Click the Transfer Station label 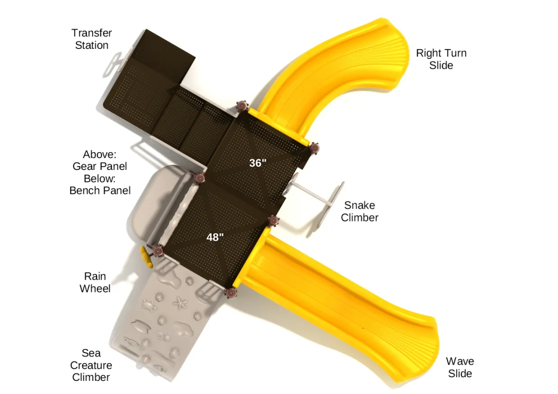coord(92,39)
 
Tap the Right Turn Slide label coord(441,59)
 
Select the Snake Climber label coord(360,211)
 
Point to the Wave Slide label coord(460,367)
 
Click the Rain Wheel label coord(95,282)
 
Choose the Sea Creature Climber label coord(91,365)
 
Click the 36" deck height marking coord(258,163)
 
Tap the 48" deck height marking coord(215,237)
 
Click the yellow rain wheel coord(146,257)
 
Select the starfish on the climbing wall coord(180,302)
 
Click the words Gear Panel coord(100,166)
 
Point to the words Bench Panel coord(100,191)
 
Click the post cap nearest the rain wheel coord(158,251)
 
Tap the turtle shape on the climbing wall coord(149,305)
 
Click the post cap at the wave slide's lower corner coord(231,293)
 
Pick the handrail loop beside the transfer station coord(117,62)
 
